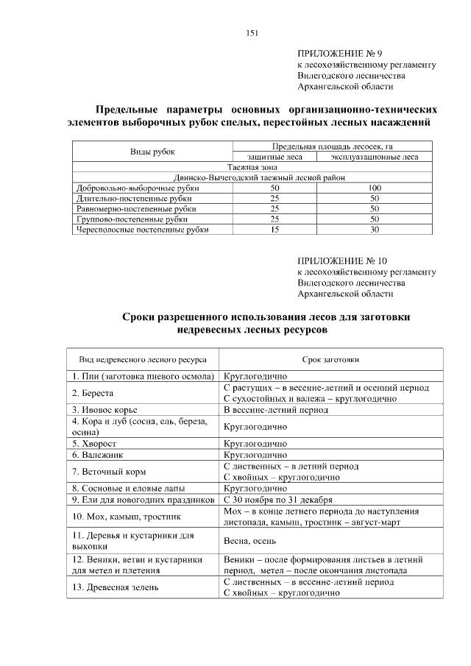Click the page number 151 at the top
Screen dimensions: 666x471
pyautogui.click(x=251, y=32)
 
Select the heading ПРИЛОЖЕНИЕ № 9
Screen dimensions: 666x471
pyautogui.click(x=339, y=54)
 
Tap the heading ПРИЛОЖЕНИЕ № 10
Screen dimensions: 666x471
pyautogui.click(x=341, y=261)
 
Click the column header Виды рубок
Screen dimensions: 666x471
pyautogui.click(x=153, y=152)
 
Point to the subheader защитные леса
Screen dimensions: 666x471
pyautogui.click(x=275, y=157)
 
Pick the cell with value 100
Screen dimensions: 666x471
pyautogui.click(x=374, y=188)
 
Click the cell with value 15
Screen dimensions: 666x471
pyautogui.click(x=275, y=230)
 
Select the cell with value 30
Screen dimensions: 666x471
pyautogui.click(x=374, y=230)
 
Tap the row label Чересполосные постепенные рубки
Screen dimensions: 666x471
pyautogui.click(x=143, y=230)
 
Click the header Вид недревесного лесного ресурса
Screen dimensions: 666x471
pyautogui.click(x=143, y=360)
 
